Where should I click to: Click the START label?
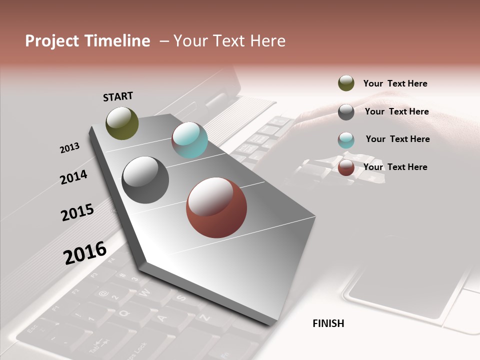(x=118, y=96)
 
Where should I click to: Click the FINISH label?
(x=328, y=323)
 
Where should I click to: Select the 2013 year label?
(x=69, y=148)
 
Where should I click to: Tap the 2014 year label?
(x=73, y=177)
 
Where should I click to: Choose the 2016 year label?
(x=85, y=252)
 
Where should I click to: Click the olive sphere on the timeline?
(x=122, y=123)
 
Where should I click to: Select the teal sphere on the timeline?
(x=189, y=140)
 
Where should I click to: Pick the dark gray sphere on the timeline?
(x=145, y=180)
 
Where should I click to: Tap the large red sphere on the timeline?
(x=216, y=207)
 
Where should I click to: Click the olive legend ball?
(x=346, y=83)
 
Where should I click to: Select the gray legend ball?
(x=346, y=112)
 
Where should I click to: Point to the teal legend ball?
(x=346, y=140)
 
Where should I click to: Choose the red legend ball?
(x=346, y=167)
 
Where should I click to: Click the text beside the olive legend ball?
(x=395, y=83)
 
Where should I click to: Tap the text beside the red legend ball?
(x=395, y=167)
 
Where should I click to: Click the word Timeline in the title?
(x=117, y=41)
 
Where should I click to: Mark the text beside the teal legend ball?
(x=397, y=139)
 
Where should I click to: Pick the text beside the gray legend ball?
(x=396, y=111)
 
